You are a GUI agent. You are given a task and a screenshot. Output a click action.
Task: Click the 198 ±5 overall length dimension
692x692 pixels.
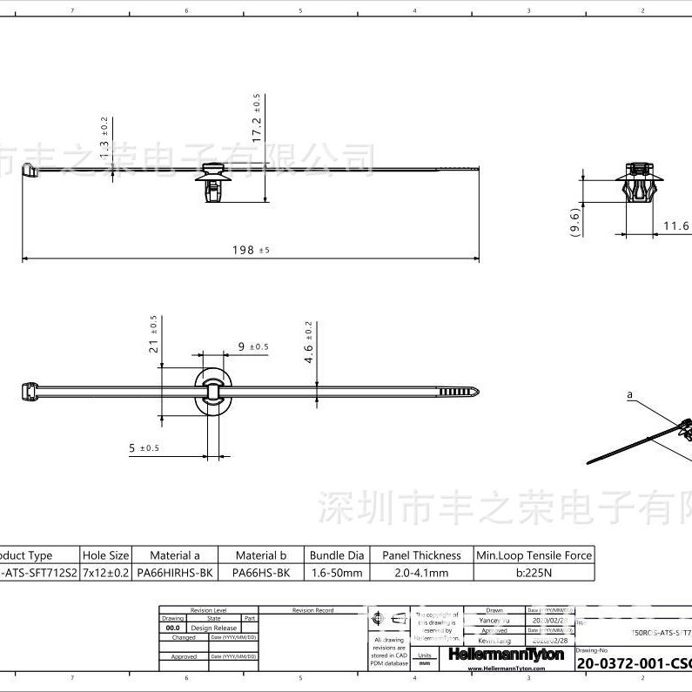point(251,250)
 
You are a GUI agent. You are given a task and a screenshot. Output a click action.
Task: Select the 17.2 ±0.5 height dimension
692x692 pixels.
point(257,118)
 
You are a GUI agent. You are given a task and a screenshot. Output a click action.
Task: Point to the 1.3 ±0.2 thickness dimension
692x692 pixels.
point(104,135)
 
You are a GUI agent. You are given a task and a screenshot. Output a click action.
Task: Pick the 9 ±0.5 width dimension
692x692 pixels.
point(252,346)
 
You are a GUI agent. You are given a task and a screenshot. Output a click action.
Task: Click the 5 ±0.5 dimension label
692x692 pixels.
point(144,448)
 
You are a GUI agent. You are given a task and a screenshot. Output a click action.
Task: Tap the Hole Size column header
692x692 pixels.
point(106,555)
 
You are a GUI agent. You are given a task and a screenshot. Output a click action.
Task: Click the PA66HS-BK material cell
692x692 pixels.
point(259,573)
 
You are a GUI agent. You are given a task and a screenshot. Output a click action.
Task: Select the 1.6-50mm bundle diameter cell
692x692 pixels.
point(337,573)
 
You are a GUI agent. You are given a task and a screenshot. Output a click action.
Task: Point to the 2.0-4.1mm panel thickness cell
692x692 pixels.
point(421,573)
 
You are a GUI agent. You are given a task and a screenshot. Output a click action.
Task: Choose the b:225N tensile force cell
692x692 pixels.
point(534,573)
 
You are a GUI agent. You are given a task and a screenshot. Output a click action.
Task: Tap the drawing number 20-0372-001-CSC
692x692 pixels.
point(633,663)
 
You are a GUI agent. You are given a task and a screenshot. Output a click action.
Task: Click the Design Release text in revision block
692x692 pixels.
point(213,628)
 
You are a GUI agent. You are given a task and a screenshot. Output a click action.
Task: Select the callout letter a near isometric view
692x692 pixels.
point(629,394)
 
